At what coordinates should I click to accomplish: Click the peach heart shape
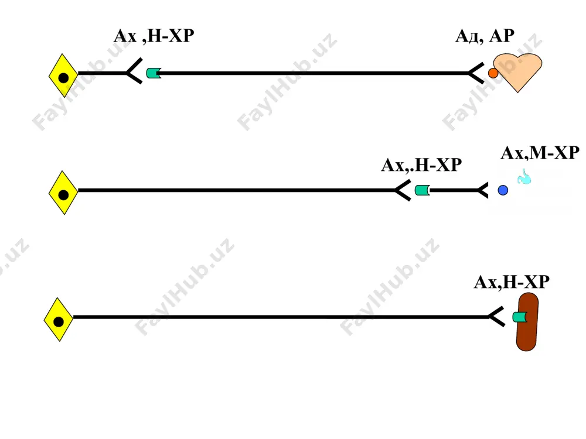pos(517,71)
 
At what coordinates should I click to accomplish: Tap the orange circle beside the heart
pos(493,73)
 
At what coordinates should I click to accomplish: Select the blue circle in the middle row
pos(503,190)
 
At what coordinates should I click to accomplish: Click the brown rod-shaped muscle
pos(527,322)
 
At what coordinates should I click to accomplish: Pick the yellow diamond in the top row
pos(63,76)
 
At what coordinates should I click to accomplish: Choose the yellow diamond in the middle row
pos(63,193)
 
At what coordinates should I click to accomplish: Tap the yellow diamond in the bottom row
pos(58,320)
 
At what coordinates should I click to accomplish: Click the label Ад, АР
pos(485,36)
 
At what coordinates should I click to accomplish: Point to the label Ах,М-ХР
pos(540,153)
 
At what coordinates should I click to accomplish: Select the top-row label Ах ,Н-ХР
pos(154,36)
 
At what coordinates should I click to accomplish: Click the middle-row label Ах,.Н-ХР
pos(421,165)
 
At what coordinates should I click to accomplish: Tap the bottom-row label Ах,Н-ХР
pos(512,282)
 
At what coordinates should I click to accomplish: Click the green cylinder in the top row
pos(154,73)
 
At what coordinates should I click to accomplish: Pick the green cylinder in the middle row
pos(423,190)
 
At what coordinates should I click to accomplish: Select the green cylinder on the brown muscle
pos(520,317)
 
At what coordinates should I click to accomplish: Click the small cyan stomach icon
pos(524,177)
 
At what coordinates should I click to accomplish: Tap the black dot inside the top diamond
pos(63,78)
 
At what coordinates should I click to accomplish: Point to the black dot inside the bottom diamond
pos(59,322)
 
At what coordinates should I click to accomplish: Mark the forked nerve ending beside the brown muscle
pos(496,317)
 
